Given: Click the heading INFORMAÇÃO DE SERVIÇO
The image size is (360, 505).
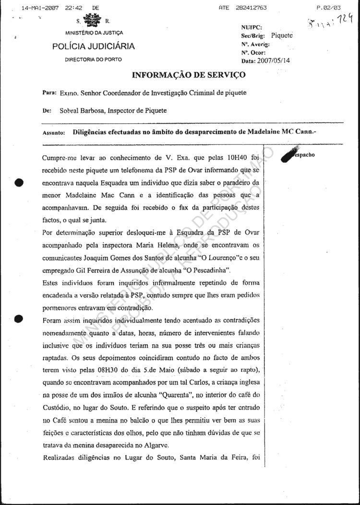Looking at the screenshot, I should (x=189, y=75).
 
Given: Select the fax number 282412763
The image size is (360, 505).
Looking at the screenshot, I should (x=251, y=8).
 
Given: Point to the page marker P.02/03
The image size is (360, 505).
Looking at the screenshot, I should (x=329, y=8).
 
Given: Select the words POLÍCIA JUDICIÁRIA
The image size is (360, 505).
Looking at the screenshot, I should (x=94, y=47).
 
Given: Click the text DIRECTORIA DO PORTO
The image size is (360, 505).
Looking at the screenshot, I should (x=94, y=59).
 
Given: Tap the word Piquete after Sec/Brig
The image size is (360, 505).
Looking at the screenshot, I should (x=282, y=35).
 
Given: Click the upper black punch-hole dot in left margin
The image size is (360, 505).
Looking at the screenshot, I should (x=19, y=182).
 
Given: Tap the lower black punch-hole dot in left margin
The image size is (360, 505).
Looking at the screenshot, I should (x=19, y=318).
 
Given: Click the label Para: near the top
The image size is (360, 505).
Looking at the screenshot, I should (x=50, y=93).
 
